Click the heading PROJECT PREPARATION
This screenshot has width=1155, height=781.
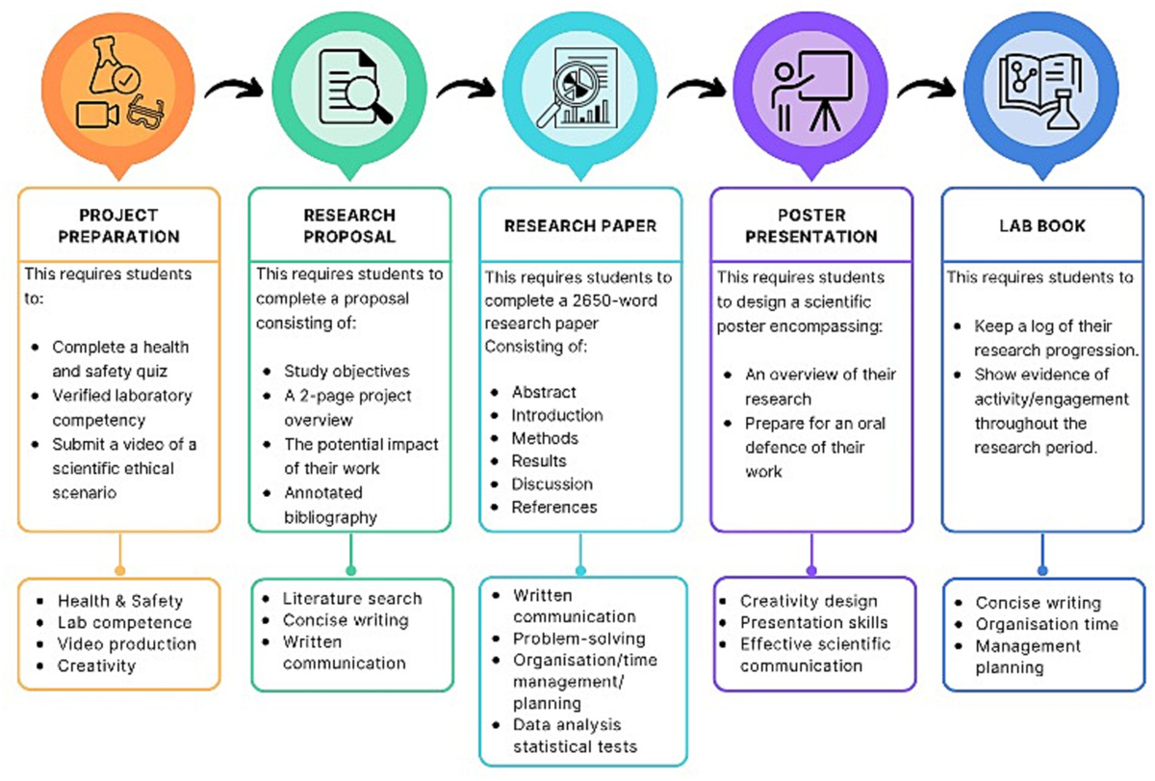[x=118, y=225]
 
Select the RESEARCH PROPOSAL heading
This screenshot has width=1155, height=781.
[x=349, y=225]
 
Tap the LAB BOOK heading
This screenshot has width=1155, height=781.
[x=1042, y=226]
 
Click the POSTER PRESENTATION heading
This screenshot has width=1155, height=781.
[x=811, y=225]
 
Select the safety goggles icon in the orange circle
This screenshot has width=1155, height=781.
[x=149, y=113]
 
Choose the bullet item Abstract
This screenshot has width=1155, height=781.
[x=544, y=392]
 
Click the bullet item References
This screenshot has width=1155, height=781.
[x=553, y=507]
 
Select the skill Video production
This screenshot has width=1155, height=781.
[x=126, y=644]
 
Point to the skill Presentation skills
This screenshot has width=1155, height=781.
[x=813, y=622]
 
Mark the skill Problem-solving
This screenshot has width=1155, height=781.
[x=578, y=638]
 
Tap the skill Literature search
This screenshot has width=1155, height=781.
[x=351, y=598]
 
